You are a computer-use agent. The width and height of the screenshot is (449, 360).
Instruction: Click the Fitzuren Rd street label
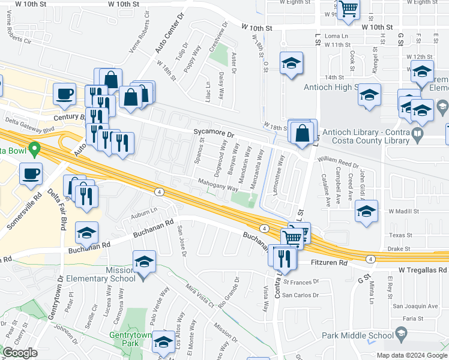tap(330, 263)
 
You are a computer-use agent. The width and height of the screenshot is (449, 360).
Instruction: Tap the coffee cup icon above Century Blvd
tap(64, 94)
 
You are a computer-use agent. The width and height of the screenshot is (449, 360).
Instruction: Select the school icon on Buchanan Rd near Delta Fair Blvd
tap(87, 232)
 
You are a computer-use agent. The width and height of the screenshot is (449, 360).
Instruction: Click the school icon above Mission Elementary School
tap(144, 261)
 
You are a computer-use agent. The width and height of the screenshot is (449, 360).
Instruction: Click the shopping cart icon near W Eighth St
tap(348, 9)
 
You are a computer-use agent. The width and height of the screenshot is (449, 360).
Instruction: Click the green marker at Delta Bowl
tap(35, 147)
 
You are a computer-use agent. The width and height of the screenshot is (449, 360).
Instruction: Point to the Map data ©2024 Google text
tap(411, 355)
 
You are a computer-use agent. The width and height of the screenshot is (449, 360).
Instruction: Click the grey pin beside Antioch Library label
tap(418, 133)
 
